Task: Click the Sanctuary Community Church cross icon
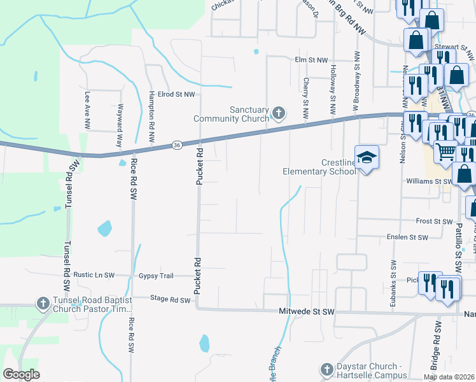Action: (278, 113)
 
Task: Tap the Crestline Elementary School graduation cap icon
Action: (367, 157)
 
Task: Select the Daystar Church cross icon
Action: (326, 369)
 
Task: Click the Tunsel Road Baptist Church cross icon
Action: (43, 303)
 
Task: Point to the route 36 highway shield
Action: (176, 146)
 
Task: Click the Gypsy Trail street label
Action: (156, 276)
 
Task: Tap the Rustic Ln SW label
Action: (94, 275)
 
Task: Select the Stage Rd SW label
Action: (170, 299)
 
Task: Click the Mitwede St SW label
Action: (307, 312)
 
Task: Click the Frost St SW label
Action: (433, 221)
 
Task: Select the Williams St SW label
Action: (428, 181)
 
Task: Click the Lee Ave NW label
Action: (87, 110)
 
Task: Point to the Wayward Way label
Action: (119, 127)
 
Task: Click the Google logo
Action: (21, 374)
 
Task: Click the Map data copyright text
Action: (449, 377)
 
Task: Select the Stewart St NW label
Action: (454, 47)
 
